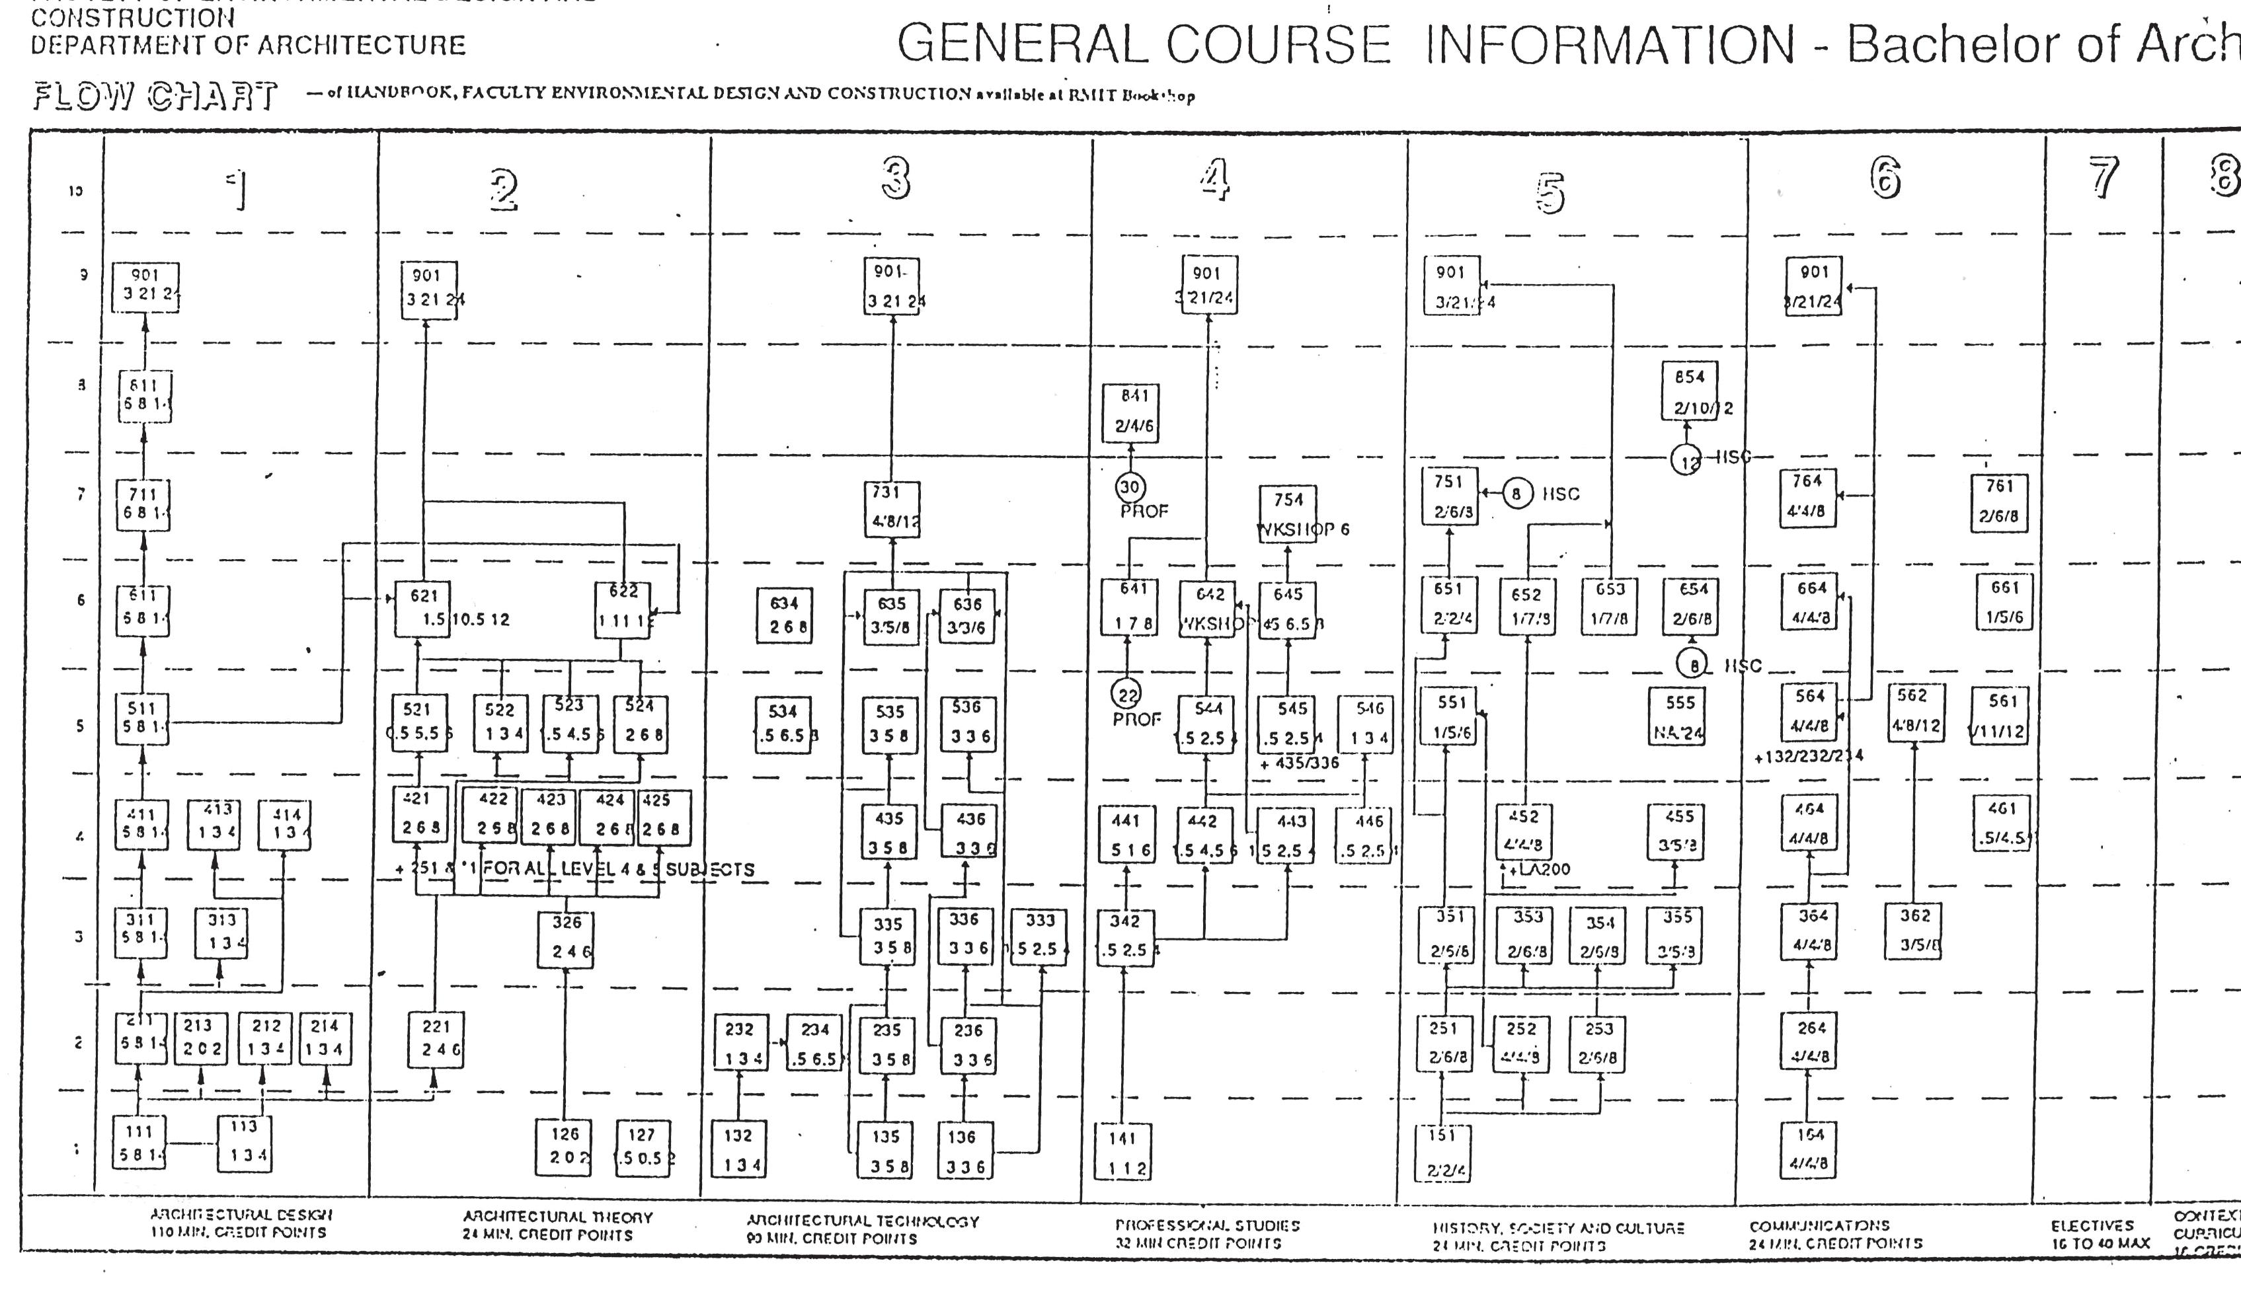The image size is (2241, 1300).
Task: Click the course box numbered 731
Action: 892,509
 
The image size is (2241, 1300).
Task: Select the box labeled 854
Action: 1689,391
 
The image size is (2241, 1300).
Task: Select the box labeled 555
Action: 1679,716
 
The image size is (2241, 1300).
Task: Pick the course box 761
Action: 1998,502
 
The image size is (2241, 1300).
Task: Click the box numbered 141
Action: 1122,1151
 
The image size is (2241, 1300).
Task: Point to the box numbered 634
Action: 783,615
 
